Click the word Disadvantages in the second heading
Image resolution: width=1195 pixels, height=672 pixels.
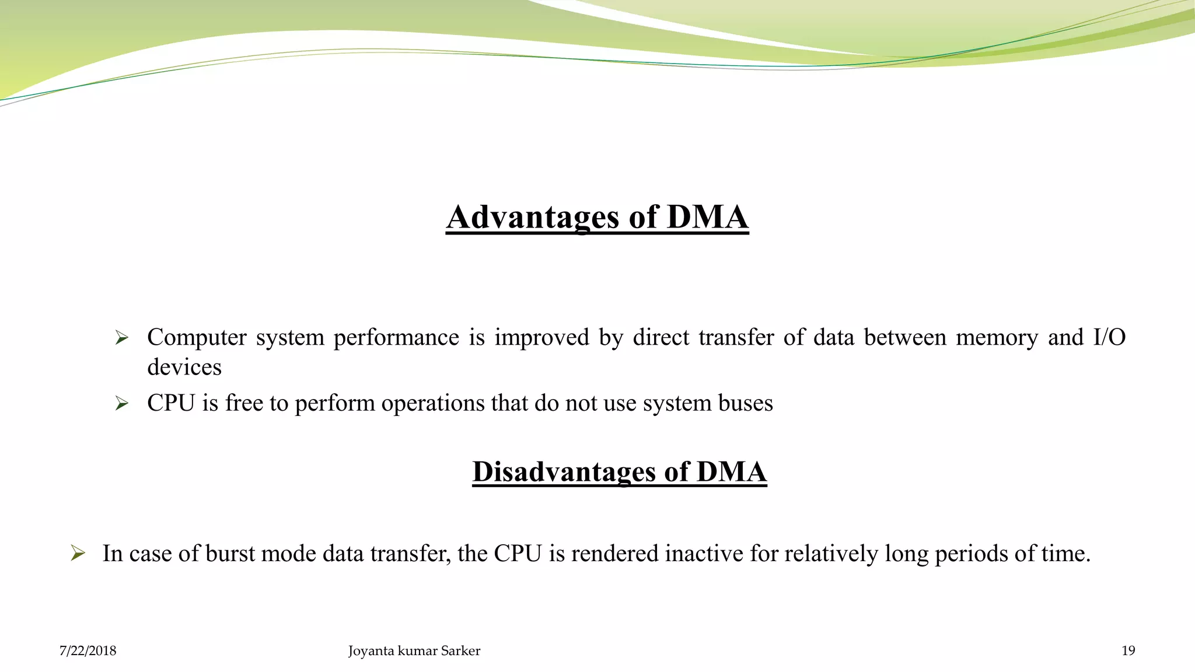[564, 471]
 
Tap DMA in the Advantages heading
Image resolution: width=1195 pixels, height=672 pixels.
[707, 217]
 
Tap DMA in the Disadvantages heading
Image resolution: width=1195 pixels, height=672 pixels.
[731, 471]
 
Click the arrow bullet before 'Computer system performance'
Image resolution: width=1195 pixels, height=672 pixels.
[121, 338]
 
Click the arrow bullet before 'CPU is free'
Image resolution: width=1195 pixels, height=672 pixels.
[121, 403]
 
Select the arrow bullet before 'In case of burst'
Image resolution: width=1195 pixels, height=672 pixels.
[78, 553]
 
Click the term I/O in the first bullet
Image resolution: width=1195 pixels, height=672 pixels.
[1109, 338]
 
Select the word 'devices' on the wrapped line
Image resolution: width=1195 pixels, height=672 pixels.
[184, 367]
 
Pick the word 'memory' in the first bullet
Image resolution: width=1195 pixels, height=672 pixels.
[997, 338]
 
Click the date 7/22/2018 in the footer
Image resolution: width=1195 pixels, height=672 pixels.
[88, 651]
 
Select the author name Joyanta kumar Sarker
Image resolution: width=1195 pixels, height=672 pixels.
[414, 651]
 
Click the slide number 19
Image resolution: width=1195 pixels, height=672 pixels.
[1128, 651]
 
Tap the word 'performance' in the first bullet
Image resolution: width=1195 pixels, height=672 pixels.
[396, 338]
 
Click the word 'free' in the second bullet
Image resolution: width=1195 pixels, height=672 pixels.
[244, 403]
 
